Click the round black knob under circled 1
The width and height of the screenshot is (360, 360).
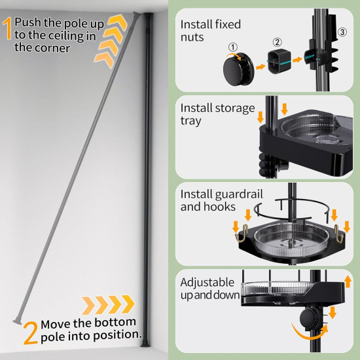pyautogui.click(x=236, y=67)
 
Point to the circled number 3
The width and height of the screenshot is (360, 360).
pyautogui.click(x=342, y=31)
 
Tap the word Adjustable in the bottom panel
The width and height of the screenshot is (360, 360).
pyautogui.click(x=207, y=283)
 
